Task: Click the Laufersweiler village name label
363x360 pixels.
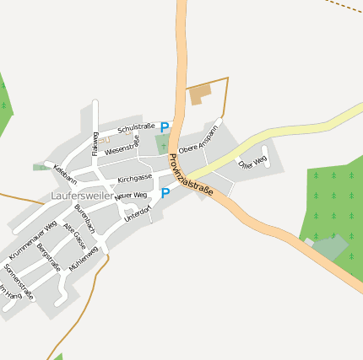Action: click(x=82, y=196)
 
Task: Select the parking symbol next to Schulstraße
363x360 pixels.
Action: click(x=165, y=127)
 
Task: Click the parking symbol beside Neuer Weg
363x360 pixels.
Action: click(x=165, y=193)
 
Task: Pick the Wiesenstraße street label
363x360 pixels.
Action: click(x=122, y=144)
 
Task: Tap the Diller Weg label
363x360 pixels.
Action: click(x=252, y=160)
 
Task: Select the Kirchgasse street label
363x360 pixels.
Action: click(x=135, y=179)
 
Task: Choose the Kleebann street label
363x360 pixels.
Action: click(x=65, y=175)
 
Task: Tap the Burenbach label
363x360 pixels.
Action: click(x=84, y=218)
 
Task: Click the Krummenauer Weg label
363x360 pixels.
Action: click(x=33, y=240)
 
